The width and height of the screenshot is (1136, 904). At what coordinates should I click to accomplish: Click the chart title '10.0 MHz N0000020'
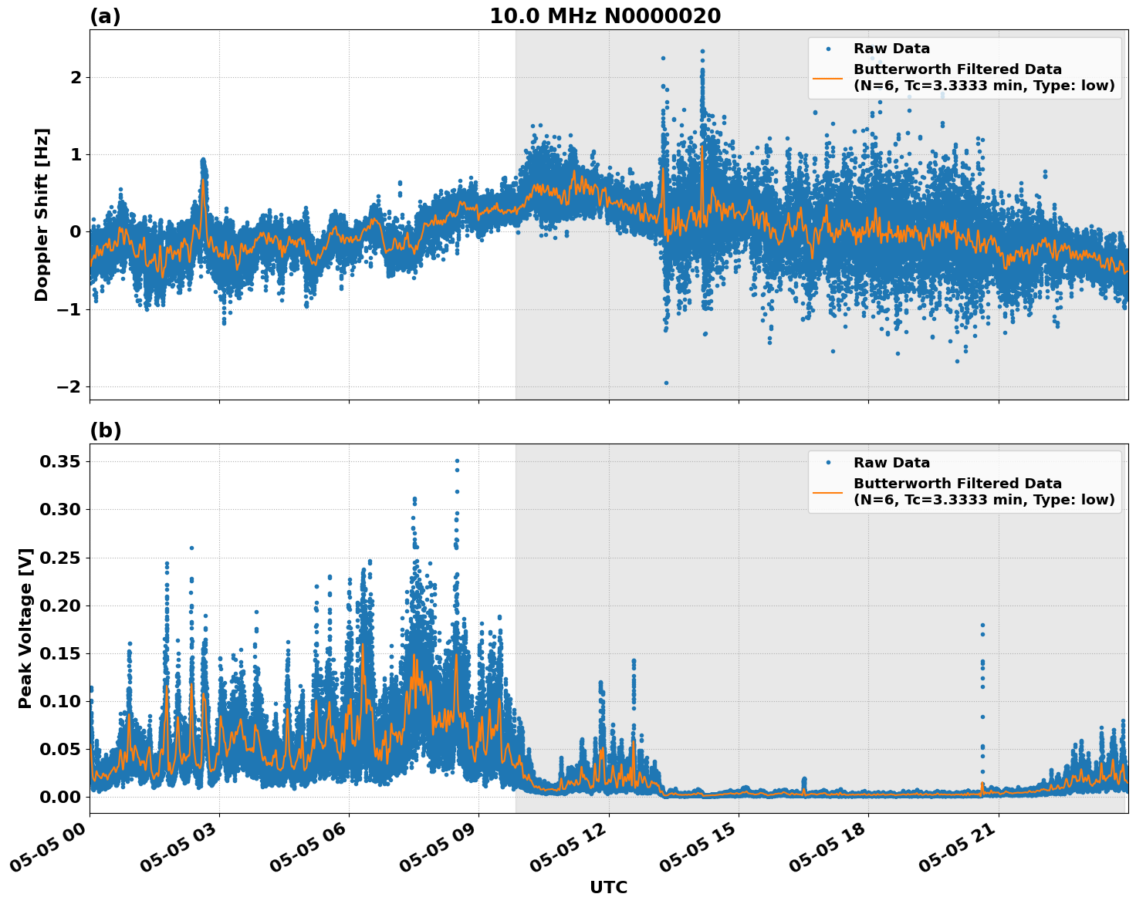click(605, 16)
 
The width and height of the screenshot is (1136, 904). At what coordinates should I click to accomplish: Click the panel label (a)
click(105, 16)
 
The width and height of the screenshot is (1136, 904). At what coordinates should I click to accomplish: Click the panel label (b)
click(105, 430)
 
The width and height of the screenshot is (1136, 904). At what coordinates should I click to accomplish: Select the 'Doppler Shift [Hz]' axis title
click(42, 214)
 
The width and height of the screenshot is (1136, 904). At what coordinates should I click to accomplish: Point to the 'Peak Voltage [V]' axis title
click(25, 628)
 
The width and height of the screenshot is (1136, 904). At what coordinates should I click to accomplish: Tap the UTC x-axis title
click(608, 887)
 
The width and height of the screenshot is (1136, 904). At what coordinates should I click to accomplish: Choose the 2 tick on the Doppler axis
click(76, 77)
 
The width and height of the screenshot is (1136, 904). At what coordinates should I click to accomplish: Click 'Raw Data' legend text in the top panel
click(891, 49)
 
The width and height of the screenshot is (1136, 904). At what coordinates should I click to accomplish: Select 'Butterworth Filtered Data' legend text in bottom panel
click(957, 484)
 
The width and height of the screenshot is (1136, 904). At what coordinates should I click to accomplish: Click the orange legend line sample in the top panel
click(827, 78)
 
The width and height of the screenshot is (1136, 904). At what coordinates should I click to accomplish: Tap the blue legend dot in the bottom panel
click(827, 463)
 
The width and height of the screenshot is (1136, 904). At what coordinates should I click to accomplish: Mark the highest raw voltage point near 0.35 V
click(457, 460)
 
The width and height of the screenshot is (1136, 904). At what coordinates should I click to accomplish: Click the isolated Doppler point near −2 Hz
click(666, 383)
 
